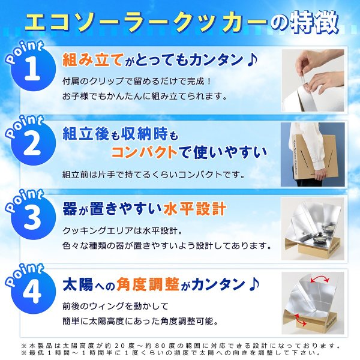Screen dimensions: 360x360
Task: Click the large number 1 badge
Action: point(33,68)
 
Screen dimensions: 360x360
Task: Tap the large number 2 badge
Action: point(33,143)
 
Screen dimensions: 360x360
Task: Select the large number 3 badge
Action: point(33,217)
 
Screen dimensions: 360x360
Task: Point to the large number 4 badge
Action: point(33,292)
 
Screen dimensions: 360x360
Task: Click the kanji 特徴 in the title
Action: point(315,23)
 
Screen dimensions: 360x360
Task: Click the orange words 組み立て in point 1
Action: point(93,59)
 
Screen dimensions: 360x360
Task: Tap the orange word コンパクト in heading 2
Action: point(144,152)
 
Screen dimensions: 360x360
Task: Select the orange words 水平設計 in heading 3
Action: point(195,209)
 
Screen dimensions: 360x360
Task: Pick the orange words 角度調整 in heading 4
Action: point(148,284)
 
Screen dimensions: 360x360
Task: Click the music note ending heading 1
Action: point(252,59)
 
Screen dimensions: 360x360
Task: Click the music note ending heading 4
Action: point(254,284)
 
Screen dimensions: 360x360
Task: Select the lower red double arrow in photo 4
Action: point(301,320)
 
